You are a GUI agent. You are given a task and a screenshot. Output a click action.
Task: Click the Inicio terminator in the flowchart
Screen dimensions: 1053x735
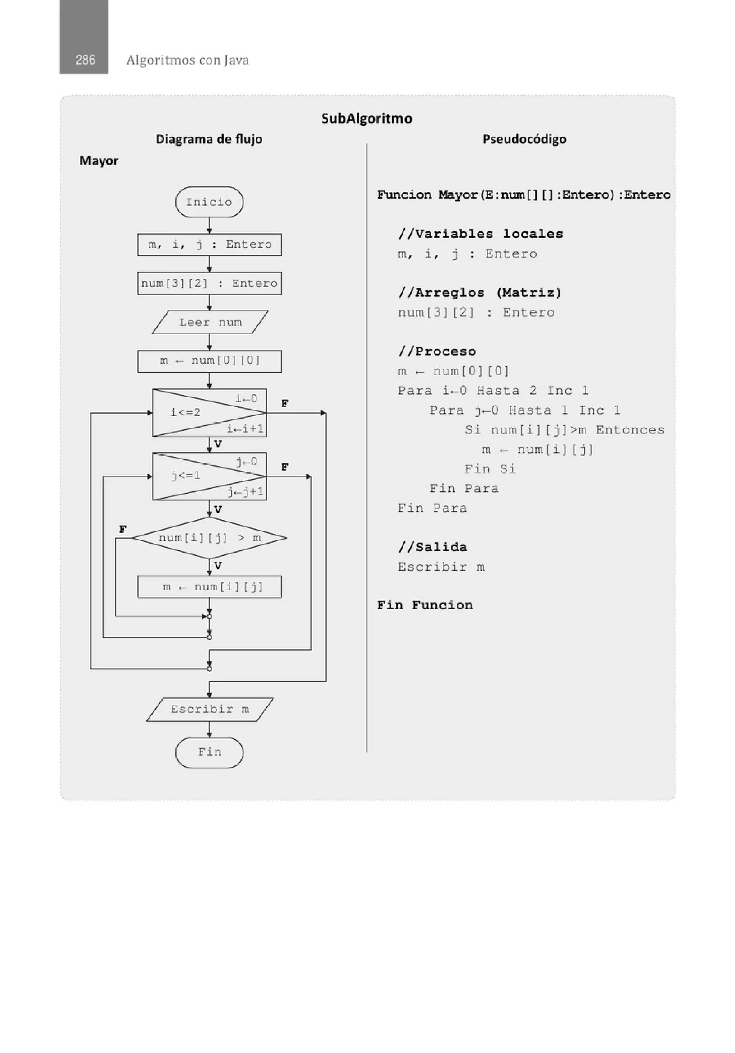coord(209,202)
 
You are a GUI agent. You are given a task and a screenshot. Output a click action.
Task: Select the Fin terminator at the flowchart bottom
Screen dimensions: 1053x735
coord(209,752)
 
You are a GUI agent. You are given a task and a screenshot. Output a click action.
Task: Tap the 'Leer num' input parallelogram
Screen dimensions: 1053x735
coord(210,322)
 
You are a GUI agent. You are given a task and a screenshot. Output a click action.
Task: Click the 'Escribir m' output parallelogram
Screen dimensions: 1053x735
coord(210,710)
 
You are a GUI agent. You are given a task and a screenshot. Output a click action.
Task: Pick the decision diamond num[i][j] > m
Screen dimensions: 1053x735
coord(210,537)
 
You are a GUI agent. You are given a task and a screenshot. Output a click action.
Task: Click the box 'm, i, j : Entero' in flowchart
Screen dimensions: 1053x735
coord(210,244)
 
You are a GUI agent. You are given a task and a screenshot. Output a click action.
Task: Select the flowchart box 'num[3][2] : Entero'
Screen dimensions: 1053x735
coord(210,283)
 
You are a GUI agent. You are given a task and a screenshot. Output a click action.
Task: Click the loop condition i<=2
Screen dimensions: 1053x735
coord(186,412)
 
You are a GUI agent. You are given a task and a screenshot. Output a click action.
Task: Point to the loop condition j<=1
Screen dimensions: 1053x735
coord(186,476)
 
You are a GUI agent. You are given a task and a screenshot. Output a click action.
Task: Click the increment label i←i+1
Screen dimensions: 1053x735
coord(245,429)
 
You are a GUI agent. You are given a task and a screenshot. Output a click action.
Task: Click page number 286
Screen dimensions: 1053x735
coord(85,60)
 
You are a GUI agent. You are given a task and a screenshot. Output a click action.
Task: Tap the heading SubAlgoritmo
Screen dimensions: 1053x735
coord(366,118)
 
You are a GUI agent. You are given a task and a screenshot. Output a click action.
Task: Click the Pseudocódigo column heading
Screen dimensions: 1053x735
coord(524,139)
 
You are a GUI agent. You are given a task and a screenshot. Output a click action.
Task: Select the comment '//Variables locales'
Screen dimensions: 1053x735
coord(480,234)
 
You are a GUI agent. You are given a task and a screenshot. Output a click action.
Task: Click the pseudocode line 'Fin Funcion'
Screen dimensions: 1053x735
coord(425,605)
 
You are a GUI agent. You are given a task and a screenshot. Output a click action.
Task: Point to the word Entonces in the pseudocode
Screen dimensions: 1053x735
coord(630,430)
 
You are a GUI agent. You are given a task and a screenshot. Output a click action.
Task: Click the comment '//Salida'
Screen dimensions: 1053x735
coord(432,547)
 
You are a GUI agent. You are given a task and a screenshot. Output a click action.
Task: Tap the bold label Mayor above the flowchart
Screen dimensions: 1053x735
coord(99,161)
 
